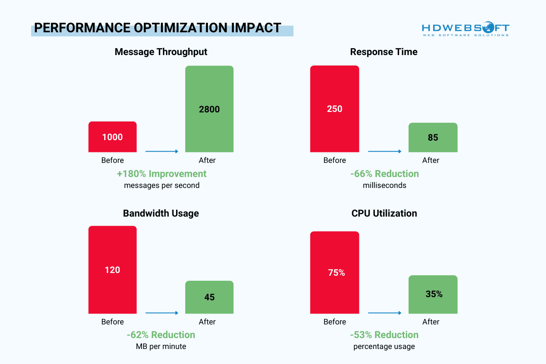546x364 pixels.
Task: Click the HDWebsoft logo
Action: click(465, 28)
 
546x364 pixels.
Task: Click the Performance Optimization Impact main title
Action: click(157, 28)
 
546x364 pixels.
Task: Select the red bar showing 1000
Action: click(112, 136)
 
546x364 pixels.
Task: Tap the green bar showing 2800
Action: click(209, 109)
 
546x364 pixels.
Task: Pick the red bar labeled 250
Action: click(334, 109)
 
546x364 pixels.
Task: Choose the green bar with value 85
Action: click(433, 137)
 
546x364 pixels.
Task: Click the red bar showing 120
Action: click(112, 269)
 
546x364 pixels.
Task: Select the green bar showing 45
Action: click(209, 297)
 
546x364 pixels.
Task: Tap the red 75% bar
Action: click(334, 273)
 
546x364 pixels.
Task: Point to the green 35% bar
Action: click(433, 294)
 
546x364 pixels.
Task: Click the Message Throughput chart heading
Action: click(161, 52)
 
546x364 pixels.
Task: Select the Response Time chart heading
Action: click(384, 52)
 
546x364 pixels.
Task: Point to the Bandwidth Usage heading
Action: click(161, 213)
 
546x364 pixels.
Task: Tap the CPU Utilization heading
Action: click(384, 213)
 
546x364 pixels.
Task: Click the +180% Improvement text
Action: click(162, 174)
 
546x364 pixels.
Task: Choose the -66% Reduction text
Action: click(384, 174)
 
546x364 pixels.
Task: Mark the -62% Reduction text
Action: click(161, 335)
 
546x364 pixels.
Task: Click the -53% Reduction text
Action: click(384, 335)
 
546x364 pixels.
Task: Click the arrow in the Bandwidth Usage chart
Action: click(162, 313)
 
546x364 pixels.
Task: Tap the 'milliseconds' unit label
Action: click(384, 186)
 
